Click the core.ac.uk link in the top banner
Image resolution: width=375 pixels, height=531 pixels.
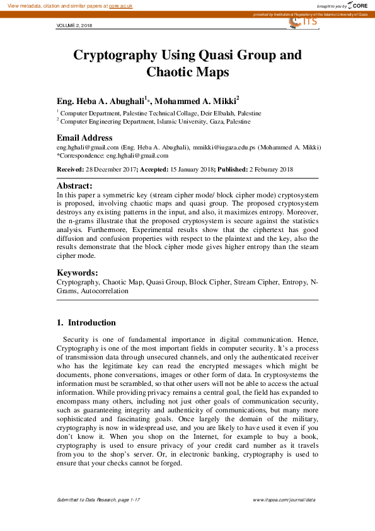122,5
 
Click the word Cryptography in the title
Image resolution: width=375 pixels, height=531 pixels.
117,55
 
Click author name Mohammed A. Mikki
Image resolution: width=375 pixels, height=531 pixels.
195,101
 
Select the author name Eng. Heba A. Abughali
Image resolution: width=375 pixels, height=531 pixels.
100,101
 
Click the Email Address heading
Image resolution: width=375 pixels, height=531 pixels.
84,137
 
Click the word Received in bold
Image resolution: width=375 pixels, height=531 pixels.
70,170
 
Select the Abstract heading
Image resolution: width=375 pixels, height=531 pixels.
74,186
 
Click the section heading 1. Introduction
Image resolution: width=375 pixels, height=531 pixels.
86,323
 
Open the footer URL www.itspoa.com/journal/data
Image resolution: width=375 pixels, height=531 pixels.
284,499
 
